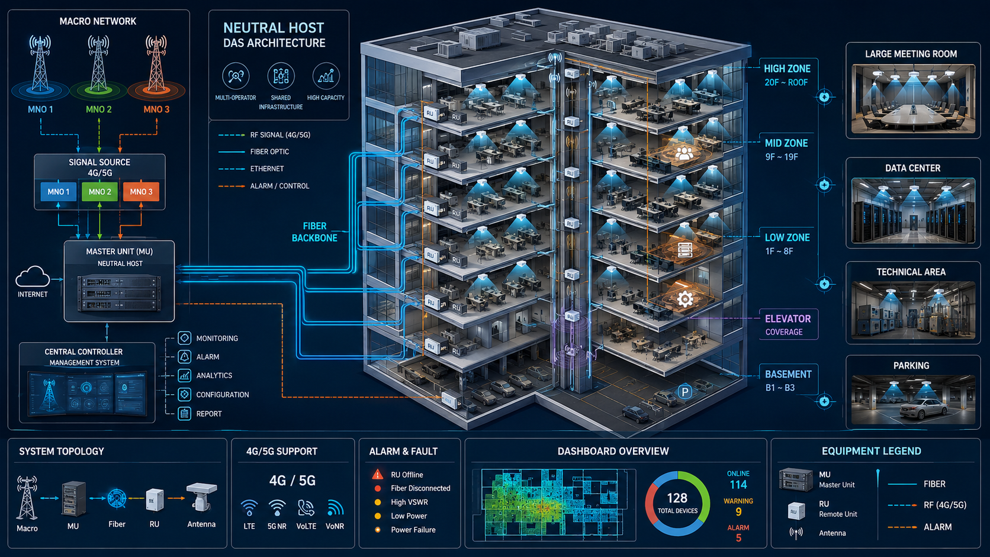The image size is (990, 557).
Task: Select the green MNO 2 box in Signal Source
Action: [100, 192]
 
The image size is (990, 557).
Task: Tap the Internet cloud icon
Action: [32, 277]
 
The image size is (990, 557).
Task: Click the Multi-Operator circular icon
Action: [236, 76]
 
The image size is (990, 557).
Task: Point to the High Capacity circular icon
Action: [326, 76]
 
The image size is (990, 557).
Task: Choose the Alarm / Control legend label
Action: [279, 186]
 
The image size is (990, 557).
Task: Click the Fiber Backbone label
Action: [314, 232]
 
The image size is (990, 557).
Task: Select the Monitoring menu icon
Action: [184, 338]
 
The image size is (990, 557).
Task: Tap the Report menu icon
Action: [184, 413]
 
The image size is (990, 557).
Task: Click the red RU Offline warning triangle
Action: [378, 474]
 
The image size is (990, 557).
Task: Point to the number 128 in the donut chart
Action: [677, 498]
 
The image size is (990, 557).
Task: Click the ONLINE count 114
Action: [738, 485]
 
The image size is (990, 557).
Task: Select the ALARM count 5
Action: [738, 538]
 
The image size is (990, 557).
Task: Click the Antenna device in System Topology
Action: [201, 497]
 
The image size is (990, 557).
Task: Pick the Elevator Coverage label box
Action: [789, 324]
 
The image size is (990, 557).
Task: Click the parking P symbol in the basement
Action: [685, 391]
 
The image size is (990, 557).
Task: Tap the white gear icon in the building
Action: [684, 299]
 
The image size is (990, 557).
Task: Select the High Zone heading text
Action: [787, 69]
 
